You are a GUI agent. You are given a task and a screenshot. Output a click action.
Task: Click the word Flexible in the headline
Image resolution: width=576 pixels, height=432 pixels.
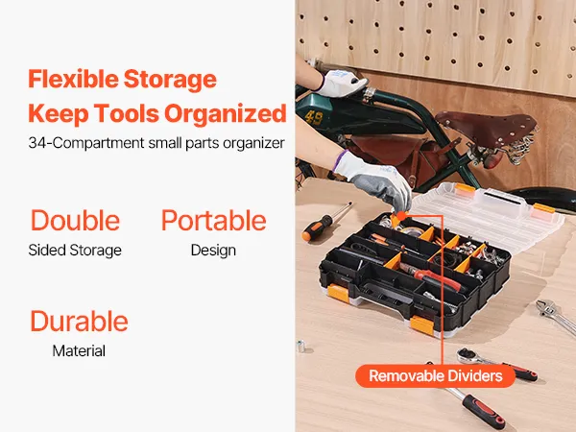click(73, 79)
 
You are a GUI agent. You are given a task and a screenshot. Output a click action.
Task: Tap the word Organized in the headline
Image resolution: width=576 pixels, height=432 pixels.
click(226, 114)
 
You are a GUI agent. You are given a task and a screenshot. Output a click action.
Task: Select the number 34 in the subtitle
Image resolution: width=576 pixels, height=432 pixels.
click(38, 143)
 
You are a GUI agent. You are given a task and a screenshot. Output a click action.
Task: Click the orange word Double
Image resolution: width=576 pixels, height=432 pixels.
click(75, 221)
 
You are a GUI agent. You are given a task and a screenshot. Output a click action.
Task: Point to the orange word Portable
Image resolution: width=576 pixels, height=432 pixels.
click(214, 221)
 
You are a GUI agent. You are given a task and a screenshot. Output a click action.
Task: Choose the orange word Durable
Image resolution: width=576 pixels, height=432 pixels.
click(79, 321)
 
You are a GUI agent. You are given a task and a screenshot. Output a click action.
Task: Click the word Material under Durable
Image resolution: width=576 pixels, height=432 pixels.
click(79, 350)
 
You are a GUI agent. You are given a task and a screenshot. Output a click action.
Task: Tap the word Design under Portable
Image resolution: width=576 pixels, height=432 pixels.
click(213, 251)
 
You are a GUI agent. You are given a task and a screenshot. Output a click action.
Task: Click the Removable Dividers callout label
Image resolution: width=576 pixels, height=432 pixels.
click(435, 375)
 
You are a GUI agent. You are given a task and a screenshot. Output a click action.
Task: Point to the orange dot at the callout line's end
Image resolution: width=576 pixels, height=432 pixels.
click(401, 216)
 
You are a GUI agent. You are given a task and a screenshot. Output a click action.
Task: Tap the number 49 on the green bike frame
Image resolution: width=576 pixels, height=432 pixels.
click(314, 118)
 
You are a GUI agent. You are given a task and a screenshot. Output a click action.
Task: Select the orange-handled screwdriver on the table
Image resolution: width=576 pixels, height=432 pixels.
click(325, 222)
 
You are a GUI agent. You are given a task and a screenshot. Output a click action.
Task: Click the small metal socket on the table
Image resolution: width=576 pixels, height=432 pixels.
click(300, 347)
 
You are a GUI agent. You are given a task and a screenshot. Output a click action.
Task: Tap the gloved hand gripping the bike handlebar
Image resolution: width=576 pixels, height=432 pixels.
click(341, 83)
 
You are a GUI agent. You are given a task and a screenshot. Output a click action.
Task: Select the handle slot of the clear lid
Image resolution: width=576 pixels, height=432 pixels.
click(503, 199)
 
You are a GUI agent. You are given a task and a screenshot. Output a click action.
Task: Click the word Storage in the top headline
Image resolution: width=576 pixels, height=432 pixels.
click(170, 80)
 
